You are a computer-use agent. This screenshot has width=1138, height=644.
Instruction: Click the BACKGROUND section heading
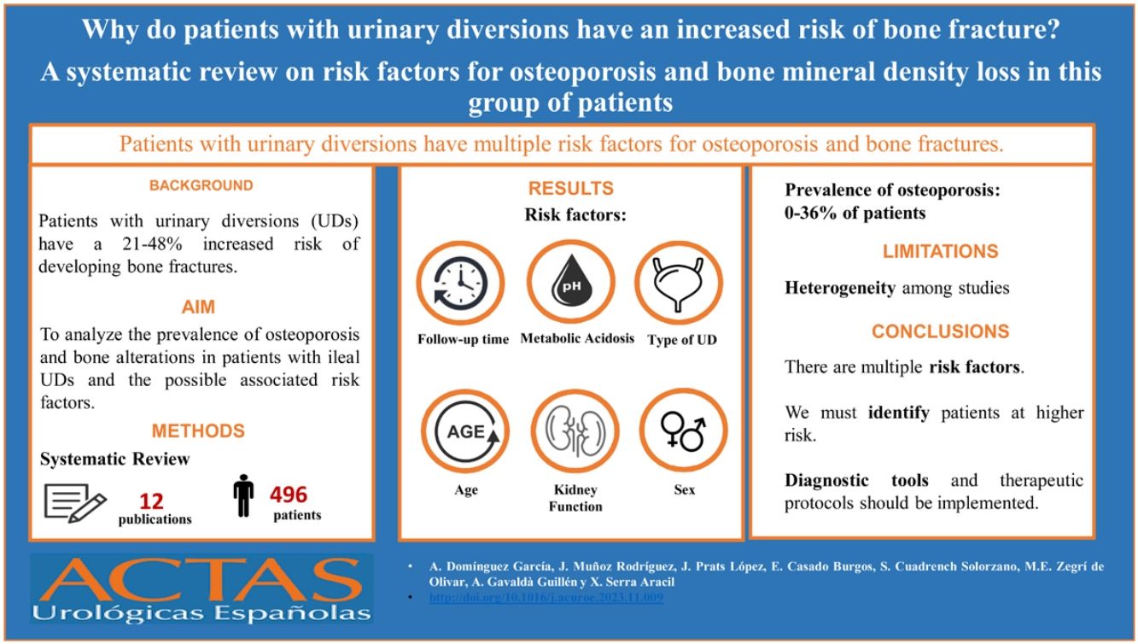coord(201,185)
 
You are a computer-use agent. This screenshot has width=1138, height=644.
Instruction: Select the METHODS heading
coord(198,430)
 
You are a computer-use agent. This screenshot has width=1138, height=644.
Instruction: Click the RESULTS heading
coord(570,189)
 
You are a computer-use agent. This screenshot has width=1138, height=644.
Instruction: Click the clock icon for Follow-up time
coord(459,282)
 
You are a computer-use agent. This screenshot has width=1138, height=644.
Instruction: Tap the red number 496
coord(289,495)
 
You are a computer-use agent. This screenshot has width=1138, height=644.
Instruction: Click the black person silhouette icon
coord(243,497)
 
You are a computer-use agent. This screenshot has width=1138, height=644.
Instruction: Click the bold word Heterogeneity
coord(840,288)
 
